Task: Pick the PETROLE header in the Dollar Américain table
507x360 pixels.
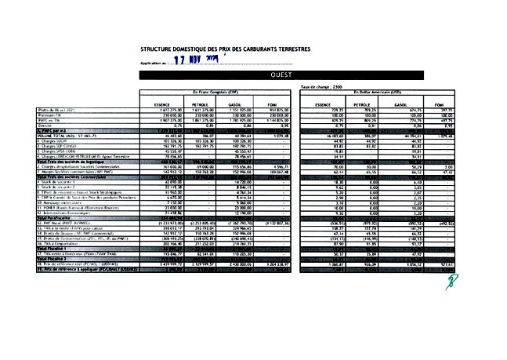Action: pyautogui.click(x=362, y=104)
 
